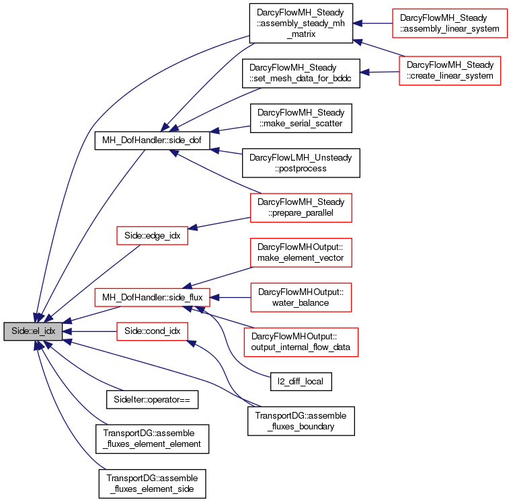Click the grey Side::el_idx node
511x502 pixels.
click(33, 331)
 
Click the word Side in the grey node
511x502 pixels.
click(19, 331)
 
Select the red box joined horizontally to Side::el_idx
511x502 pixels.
click(152, 331)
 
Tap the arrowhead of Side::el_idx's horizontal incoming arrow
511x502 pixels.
click(67, 331)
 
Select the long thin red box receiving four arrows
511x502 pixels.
click(152, 297)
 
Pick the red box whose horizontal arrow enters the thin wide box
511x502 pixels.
click(301, 297)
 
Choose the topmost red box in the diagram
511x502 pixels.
click(449, 24)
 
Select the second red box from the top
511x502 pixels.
click(450, 71)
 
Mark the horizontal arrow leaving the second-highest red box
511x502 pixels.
click(380, 72)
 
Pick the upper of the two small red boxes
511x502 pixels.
click(152, 235)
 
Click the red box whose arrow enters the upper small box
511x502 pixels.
click(301, 208)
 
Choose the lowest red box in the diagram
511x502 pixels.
click(301, 342)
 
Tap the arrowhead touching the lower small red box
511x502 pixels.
click(192, 343)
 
